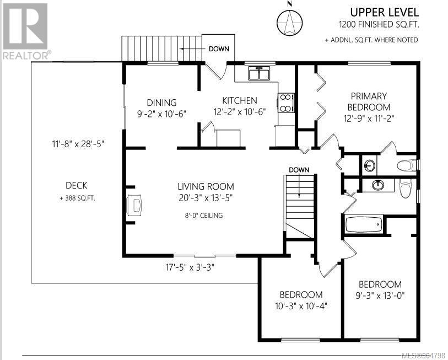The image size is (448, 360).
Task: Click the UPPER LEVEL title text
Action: (x=384, y=12)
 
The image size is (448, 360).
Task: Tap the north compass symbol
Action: (x=289, y=20)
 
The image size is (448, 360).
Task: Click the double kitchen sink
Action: (x=259, y=73)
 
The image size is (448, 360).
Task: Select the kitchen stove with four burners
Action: (x=285, y=103)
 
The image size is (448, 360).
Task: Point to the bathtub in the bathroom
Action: (x=364, y=224)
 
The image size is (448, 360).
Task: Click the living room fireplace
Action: (x=134, y=205)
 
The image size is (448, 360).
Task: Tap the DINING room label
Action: (x=161, y=103)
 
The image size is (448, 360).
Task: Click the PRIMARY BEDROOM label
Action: (x=369, y=101)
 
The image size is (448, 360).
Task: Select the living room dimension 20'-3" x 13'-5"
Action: (x=206, y=197)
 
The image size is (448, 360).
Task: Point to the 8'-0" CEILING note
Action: (x=204, y=216)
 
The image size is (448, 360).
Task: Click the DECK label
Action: (x=76, y=185)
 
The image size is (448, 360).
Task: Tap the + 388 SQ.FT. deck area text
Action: (x=77, y=198)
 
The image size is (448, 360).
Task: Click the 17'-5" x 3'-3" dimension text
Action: (x=190, y=267)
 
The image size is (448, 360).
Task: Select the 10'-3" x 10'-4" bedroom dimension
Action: (x=301, y=306)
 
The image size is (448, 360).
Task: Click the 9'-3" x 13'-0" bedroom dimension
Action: (x=380, y=295)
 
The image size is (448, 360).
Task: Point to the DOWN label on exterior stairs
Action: (x=219, y=49)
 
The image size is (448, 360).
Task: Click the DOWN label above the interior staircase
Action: (x=299, y=170)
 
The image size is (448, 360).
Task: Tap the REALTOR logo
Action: (x=25, y=31)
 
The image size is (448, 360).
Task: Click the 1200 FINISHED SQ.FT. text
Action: (x=379, y=25)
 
